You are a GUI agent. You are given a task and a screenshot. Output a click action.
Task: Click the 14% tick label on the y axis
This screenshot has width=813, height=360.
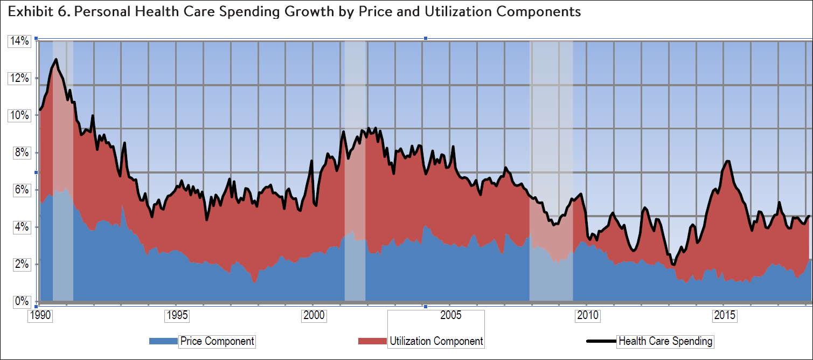click(x=18, y=41)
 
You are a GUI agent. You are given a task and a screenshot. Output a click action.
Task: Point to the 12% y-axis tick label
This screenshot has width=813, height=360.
click(x=18, y=78)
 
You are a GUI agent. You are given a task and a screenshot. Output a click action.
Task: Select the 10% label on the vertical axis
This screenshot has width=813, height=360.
click(x=18, y=115)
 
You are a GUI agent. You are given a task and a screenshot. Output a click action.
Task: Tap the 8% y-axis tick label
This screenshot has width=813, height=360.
click(x=20, y=153)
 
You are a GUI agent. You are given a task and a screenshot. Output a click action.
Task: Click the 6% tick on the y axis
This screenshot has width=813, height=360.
click(x=20, y=190)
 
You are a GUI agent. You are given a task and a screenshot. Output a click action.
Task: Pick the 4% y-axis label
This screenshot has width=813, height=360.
click(x=20, y=227)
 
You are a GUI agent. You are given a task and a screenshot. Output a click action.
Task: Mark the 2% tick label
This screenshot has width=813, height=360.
click(x=20, y=264)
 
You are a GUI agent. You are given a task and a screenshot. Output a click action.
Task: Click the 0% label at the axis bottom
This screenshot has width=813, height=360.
click(x=20, y=301)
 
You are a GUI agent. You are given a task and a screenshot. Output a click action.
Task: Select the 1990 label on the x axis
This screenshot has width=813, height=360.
click(x=40, y=315)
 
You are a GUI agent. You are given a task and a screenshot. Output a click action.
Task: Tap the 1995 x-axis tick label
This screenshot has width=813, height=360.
click(x=177, y=315)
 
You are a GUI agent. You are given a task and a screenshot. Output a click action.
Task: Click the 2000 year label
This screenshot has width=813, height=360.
click(x=314, y=315)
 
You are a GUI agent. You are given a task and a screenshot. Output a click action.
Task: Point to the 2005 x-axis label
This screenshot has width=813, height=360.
click(x=450, y=315)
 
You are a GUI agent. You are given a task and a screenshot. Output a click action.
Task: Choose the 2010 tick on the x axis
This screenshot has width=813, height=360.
click(x=587, y=315)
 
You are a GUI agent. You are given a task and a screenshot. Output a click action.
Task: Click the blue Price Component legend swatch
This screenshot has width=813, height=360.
click(x=163, y=341)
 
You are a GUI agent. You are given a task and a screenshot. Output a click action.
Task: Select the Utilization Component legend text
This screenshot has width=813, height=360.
click(x=436, y=341)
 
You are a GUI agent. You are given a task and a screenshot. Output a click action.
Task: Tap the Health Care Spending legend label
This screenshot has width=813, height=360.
click(x=665, y=341)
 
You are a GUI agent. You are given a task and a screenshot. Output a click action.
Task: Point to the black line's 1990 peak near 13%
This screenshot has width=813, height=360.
click(x=56, y=59)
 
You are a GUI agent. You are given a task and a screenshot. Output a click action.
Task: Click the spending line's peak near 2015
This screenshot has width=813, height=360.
click(x=728, y=161)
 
